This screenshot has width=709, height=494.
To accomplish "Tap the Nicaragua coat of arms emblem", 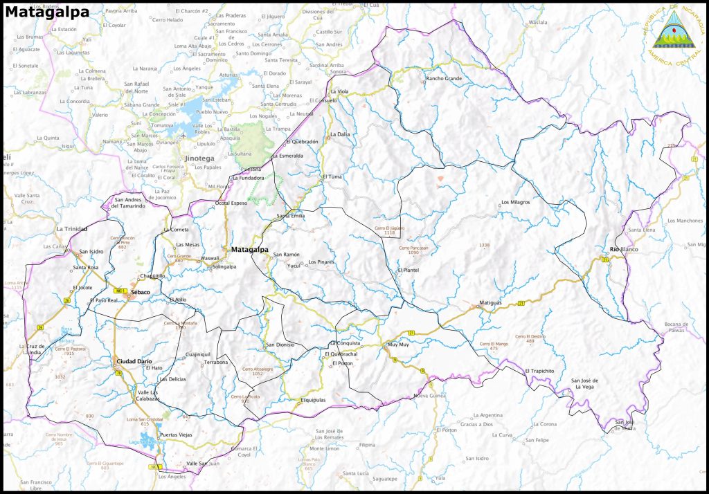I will pyautogui.click(x=673, y=28).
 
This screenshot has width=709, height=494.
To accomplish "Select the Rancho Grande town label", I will pyautogui.click(x=443, y=79).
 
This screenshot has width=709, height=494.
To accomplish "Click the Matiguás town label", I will pyautogui.click(x=490, y=303).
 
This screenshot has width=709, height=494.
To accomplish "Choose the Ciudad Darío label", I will pyautogui.click(x=134, y=361).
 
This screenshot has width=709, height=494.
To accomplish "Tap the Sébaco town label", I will pyautogui.click(x=141, y=293).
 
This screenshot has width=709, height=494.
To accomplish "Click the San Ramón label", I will pyautogui.click(x=286, y=255).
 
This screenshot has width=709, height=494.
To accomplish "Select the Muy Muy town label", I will pyautogui.click(x=398, y=344).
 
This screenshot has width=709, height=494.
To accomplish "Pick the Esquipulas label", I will pyautogui.click(x=313, y=399).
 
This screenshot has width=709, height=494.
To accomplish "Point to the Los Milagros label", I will pyautogui.click(x=515, y=202).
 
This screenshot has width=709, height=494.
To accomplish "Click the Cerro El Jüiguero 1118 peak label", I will pyautogui.click(x=389, y=230).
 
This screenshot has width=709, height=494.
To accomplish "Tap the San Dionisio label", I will pyautogui.click(x=280, y=345).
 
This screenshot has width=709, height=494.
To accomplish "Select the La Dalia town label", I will pyautogui.click(x=340, y=134).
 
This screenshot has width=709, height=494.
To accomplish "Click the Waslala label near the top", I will pyautogui.click(x=537, y=22).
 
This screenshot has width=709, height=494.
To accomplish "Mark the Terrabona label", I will pyautogui.click(x=215, y=362).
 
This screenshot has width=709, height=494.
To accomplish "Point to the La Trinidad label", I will pyautogui.click(x=71, y=228).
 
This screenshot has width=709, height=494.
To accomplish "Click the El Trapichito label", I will pyautogui.click(x=540, y=371).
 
